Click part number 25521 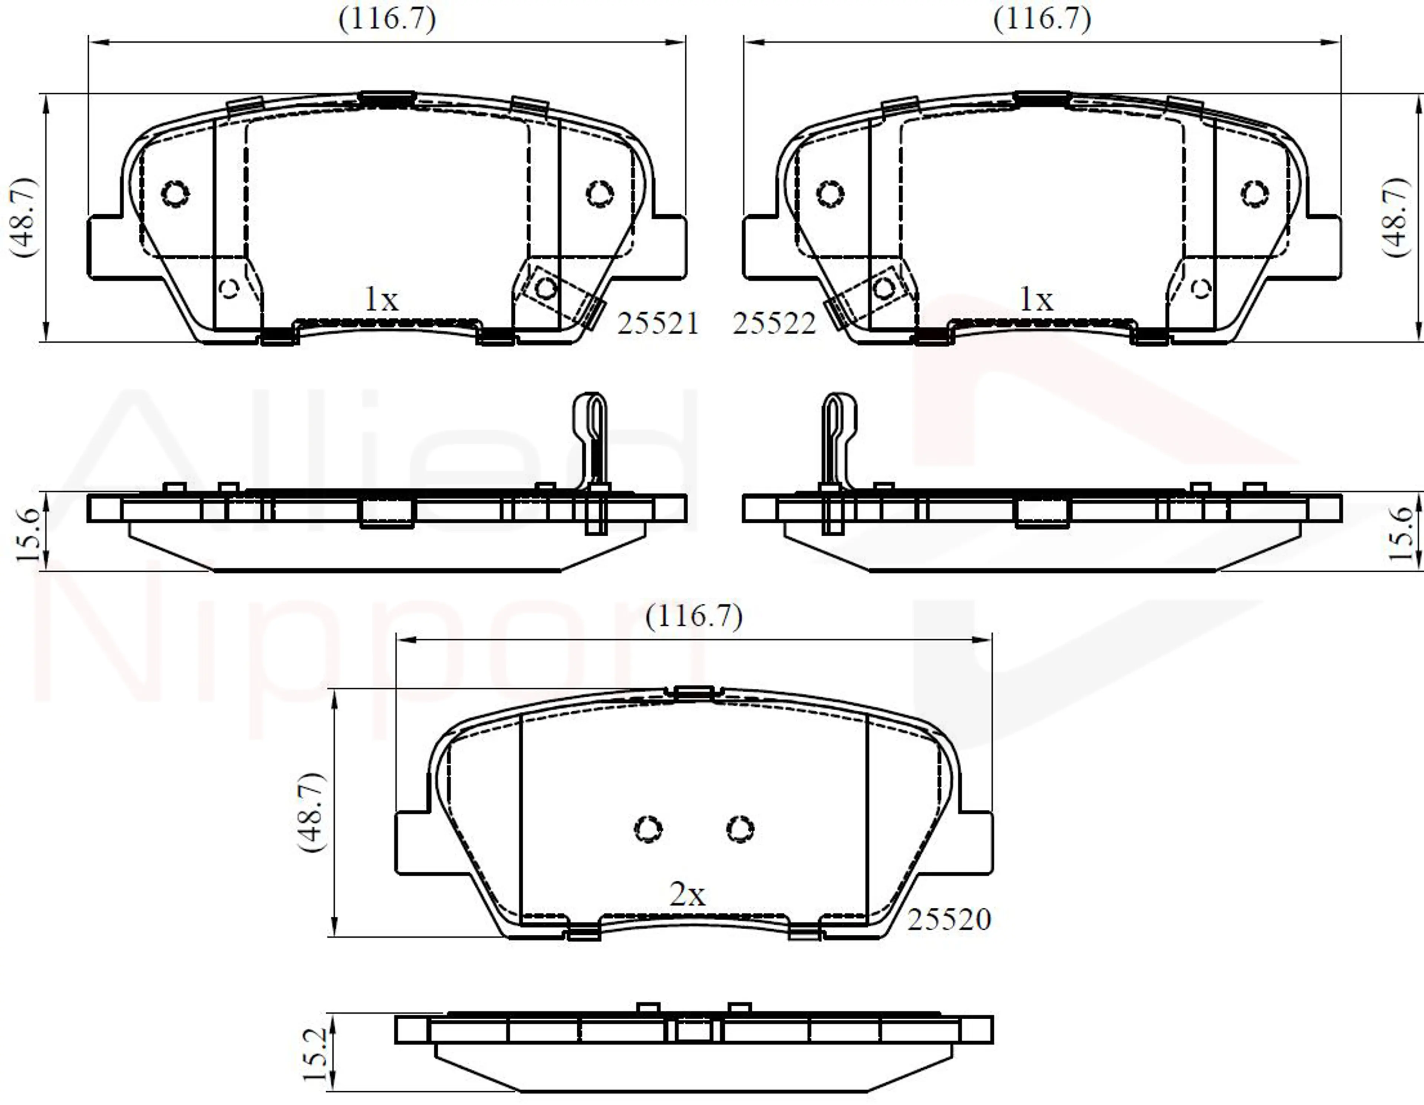coord(658,323)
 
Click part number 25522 coord(774,323)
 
